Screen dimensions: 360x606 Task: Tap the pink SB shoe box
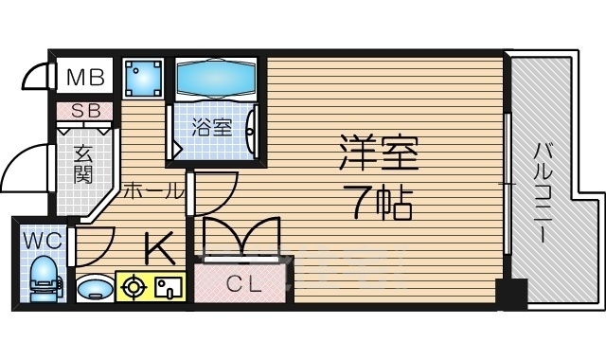83,111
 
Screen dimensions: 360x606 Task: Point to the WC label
42,240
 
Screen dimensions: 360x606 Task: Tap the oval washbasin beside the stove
92,286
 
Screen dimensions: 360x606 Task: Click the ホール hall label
152,189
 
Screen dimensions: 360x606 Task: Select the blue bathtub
217,78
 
